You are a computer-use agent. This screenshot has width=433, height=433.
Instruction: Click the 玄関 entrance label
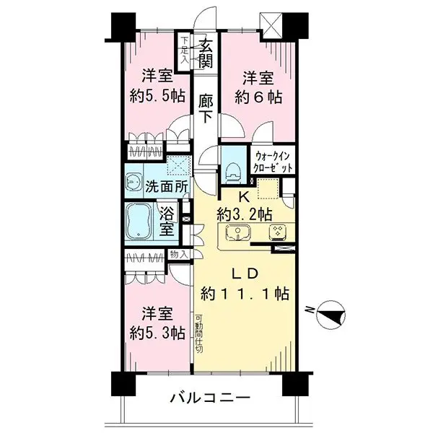206,54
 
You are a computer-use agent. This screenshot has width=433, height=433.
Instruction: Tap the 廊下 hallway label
206,108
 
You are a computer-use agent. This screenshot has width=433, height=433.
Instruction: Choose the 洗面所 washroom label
167,185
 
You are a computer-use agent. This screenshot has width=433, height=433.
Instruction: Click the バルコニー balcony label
210,398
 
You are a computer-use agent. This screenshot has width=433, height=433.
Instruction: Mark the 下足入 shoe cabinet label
185,50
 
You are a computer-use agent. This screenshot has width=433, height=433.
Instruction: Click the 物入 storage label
178,255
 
